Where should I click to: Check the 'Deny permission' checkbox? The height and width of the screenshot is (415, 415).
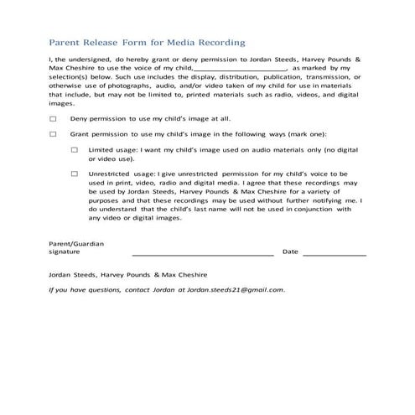tap(53, 118)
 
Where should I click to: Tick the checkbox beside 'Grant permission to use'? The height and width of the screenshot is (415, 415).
tap(53, 133)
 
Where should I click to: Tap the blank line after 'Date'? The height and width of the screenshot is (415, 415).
tap(334, 252)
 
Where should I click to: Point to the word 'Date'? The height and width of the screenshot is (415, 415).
tap(290, 251)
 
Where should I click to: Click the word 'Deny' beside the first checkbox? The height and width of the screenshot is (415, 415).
tap(80, 118)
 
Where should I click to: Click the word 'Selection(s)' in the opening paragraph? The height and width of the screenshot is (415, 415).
tap(73, 76)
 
